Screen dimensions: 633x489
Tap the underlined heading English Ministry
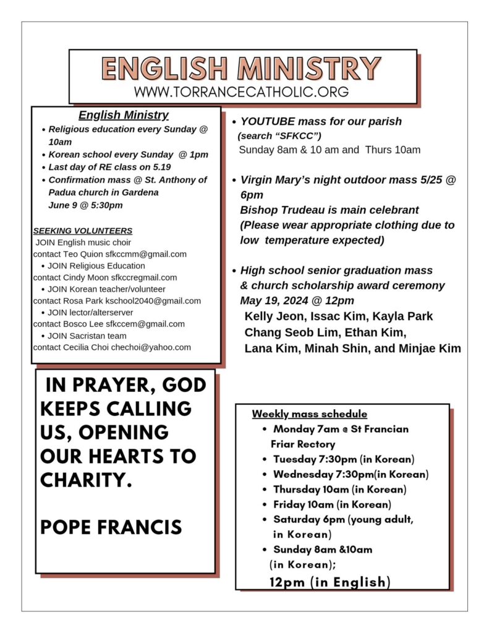124,115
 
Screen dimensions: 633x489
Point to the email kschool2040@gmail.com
153,300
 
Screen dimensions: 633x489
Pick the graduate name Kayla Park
406,316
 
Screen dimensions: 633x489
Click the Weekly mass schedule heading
310,414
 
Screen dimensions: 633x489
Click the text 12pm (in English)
330,582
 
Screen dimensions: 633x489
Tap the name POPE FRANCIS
111,527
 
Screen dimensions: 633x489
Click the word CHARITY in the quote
86,480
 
